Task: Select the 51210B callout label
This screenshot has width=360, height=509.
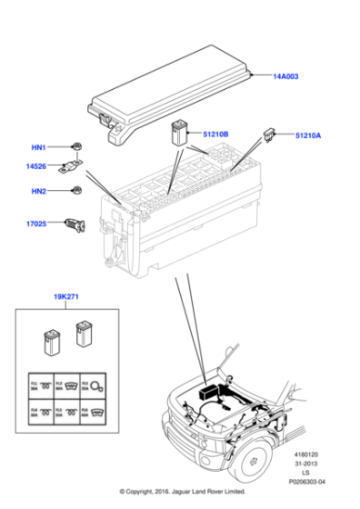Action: (x=215, y=135)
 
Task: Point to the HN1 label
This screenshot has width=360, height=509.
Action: (x=39, y=146)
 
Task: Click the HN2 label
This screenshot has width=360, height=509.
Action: (x=39, y=191)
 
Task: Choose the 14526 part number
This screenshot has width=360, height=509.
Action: (x=35, y=166)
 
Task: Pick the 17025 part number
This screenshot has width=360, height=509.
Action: (x=37, y=222)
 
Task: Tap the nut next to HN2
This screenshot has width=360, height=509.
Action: (x=78, y=191)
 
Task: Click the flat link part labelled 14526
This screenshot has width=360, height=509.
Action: (x=71, y=167)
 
